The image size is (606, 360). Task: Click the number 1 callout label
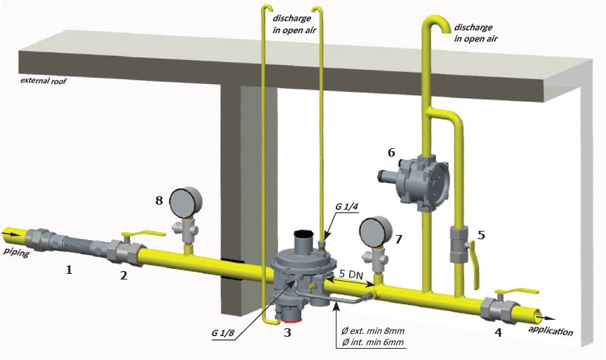(68, 270)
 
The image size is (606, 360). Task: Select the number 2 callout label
(123, 276)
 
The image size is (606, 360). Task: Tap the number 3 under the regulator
(287, 332)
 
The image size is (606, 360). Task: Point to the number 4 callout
(499, 331)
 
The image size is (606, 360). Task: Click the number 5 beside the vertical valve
(481, 235)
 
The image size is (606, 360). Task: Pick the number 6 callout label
(391, 151)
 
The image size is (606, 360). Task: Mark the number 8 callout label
(159, 200)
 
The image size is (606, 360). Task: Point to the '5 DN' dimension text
(351, 272)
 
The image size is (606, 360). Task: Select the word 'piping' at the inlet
(16, 251)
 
